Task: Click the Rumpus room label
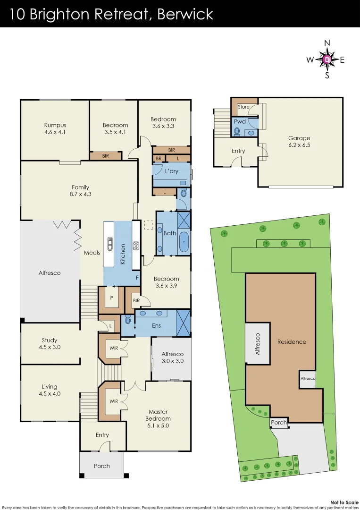point(55,125)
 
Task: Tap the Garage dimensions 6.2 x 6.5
point(299,145)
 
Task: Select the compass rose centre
point(327,59)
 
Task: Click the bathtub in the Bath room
point(184,241)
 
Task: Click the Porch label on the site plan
point(279,423)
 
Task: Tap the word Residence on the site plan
point(292,341)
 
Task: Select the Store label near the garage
point(243,107)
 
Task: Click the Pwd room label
point(240,121)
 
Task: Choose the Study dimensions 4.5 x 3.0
point(50,347)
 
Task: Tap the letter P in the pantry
point(111,298)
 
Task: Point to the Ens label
point(156,325)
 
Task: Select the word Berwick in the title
point(185,14)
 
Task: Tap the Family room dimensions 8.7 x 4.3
point(80,194)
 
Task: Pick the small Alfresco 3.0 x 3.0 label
point(173,361)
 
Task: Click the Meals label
point(92,253)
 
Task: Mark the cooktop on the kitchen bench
point(136,245)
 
